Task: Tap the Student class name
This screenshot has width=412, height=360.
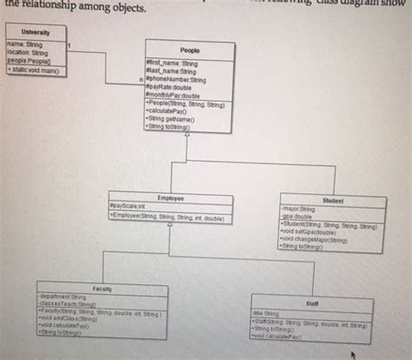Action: point(333,200)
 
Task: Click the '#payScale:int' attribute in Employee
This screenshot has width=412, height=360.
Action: point(130,205)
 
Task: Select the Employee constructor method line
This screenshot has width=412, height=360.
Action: point(165,214)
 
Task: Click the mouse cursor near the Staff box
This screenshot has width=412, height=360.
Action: point(354,355)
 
